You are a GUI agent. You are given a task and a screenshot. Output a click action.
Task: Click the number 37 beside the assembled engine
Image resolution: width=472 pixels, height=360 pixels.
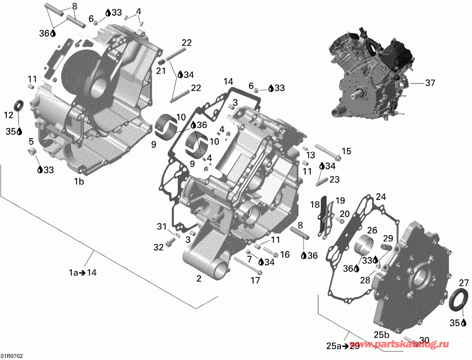[x=430, y=82]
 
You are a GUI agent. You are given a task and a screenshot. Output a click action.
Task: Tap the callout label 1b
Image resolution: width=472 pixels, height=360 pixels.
[x=79, y=182]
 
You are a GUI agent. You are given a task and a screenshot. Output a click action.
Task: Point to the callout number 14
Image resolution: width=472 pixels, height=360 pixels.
[x=228, y=81]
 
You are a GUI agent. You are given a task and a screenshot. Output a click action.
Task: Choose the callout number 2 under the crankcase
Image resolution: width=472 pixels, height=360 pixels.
[x=199, y=279]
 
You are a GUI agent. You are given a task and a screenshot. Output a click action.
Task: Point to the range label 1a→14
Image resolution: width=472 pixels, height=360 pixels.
[x=83, y=272]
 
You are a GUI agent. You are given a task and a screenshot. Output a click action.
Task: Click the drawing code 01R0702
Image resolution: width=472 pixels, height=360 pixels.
[x=12, y=356]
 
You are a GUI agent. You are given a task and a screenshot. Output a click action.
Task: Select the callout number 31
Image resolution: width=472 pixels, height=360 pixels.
[x=161, y=226]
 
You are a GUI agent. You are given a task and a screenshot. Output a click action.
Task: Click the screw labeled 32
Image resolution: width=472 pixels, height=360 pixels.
[x=169, y=242]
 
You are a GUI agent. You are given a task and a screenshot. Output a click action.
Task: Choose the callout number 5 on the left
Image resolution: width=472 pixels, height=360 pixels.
[x=31, y=141]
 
